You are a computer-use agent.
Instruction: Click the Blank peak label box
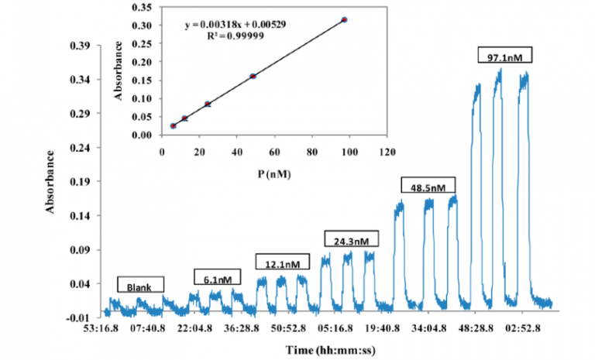[141, 284]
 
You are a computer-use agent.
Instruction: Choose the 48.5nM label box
[428, 186]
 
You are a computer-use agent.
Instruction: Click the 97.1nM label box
[507, 56]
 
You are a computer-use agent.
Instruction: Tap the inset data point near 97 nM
[344, 19]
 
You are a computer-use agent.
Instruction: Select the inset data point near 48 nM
[253, 76]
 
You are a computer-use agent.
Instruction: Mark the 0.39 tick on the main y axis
[81, 45]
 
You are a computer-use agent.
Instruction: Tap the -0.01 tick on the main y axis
[81, 317]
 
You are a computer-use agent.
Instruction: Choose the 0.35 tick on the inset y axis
[142, 6]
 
